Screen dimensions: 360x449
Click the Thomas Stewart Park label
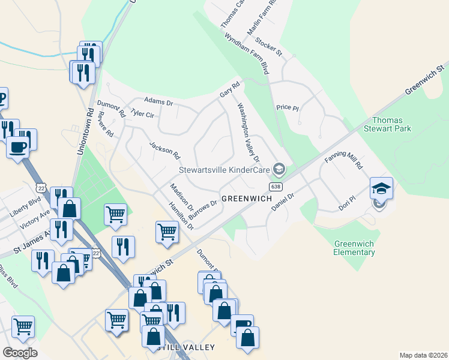point(392,124)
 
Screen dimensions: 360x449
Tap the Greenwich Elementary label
point(355,248)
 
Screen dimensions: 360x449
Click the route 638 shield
point(275,187)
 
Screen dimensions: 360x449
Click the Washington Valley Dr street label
point(249,133)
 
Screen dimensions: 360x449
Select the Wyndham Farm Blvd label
point(247,54)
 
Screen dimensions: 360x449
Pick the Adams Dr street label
point(158,102)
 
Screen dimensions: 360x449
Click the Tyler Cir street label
point(142,113)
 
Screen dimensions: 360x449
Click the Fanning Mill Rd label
point(345,160)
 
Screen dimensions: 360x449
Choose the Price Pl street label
point(287,107)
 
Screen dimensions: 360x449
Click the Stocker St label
point(268,47)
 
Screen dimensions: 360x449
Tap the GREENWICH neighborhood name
point(244,199)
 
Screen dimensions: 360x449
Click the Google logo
point(20,353)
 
